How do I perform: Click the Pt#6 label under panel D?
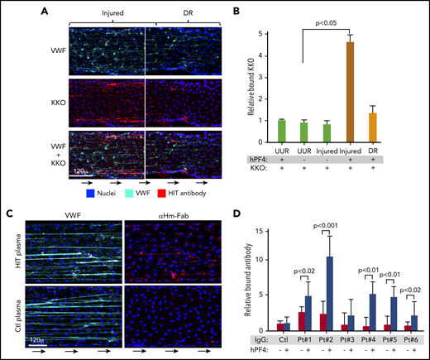tap(411, 340)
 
